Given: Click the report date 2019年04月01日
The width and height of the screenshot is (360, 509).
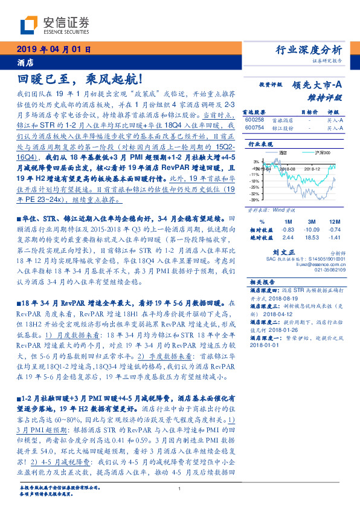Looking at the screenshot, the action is click(53, 50).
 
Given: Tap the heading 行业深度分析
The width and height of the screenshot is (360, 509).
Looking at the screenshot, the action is click(309, 50).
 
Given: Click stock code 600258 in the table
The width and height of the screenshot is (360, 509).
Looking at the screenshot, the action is click(255, 120).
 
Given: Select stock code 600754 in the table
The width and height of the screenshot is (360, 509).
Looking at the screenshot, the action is click(255, 128).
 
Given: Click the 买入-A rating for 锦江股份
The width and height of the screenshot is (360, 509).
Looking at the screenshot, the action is click(334, 128).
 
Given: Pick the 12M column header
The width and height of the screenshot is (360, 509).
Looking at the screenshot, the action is click(333, 222).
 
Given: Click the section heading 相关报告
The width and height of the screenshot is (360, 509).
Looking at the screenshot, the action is click(261, 282).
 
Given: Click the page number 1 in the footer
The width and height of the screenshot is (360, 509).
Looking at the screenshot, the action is click(180, 488).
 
